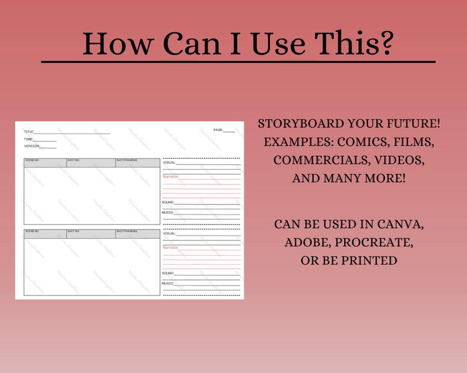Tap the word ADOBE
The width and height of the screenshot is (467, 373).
(x=306, y=242)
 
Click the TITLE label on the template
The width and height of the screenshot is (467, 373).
(x=29, y=132)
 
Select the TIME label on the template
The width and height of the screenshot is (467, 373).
(x=28, y=139)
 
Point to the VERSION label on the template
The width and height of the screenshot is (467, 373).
(x=31, y=146)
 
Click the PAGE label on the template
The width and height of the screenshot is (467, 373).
(x=218, y=130)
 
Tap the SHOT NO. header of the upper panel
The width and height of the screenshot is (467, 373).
(x=73, y=160)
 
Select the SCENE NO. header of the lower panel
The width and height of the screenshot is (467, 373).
(x=32, y=231)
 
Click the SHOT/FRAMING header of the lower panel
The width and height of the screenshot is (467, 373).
(x=126, y=231)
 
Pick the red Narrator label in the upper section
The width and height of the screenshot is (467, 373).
(x=170, y=176)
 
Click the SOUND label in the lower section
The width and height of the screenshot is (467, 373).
(x=168, y=273)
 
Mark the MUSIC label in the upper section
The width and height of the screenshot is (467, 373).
(x=168, y=213)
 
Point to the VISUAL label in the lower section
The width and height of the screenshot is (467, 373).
(x=169, y=233)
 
